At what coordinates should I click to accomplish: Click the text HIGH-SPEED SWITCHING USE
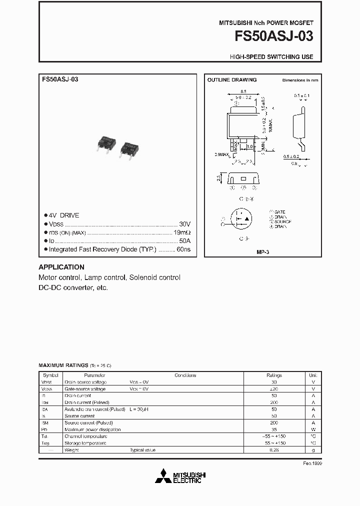tap(271, 57)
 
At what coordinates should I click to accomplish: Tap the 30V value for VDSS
tap(184, 224)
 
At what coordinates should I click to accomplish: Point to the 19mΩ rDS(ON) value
tap(182, 232)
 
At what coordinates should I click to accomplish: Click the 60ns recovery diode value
tap(183, 249)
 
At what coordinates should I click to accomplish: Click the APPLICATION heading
tap(61, 267)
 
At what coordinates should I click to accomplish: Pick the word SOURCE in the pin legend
tap(283, 221)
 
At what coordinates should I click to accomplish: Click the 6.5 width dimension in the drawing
tap(243, 91)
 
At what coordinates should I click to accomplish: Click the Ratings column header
tap(274, 375)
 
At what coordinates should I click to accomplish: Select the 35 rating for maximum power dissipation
tap(274, 429)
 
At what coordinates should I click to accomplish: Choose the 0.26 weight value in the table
tap(274, 450)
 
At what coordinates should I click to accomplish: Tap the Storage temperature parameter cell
tap(85, 443)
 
